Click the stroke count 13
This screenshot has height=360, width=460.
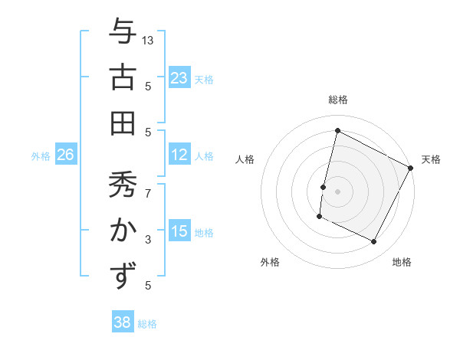click(x=148, y=40)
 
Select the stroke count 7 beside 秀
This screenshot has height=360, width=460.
click(x=148, y=186)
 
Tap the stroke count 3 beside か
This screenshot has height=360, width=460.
click(x=148, y=240)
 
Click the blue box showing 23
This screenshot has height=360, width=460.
click(x=179, y=78)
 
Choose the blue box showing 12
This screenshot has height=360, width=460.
click(x=179, y=155)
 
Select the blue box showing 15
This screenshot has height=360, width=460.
click(x=179, y=231)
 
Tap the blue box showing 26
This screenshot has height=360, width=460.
click(x=66, y=155)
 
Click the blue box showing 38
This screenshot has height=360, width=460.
click(x=123, y=322)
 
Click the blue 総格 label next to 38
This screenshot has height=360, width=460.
click(x=147, y=324)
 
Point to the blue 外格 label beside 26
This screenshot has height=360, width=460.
click(x=41, y=156)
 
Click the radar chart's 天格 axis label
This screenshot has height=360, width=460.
click(x=431, y=159)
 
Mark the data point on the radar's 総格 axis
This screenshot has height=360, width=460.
click(x=337, y=130)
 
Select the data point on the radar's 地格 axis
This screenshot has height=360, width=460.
click(x=374, y=242)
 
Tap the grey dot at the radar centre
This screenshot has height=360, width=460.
click(x=337, y=191)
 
